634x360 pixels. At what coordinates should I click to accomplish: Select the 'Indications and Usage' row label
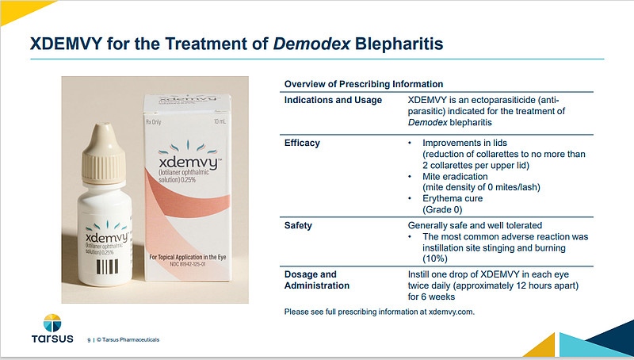(x=333, y=100)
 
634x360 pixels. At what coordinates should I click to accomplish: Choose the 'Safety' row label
(x=300, y=226)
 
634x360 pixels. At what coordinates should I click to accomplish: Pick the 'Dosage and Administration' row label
(x=316, y=280)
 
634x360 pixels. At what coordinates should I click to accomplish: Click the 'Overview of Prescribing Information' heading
(x=363, y=84)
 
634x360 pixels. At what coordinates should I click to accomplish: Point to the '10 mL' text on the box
(x=233, y=121)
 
